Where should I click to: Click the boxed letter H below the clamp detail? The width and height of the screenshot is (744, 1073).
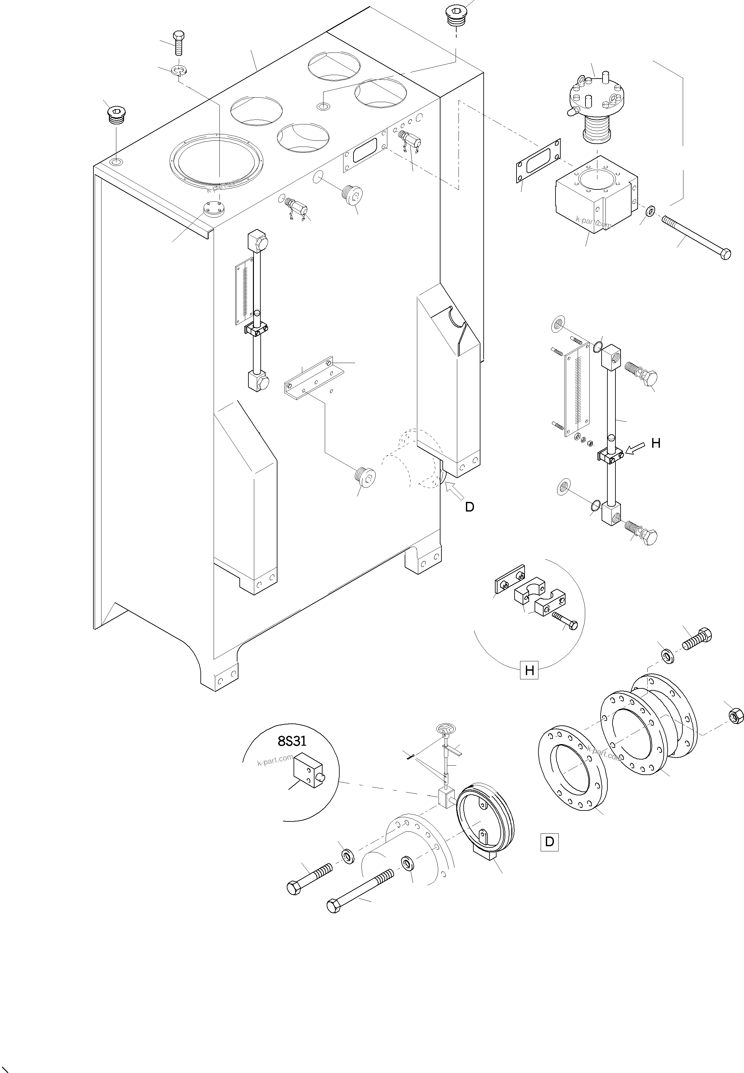[x=529, y=671]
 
